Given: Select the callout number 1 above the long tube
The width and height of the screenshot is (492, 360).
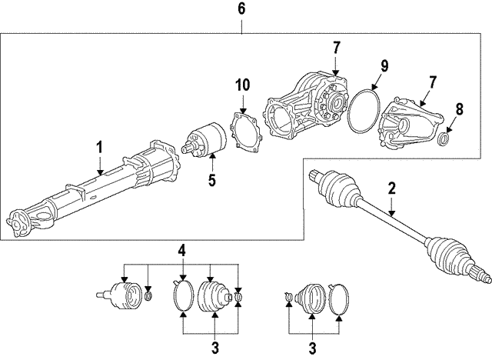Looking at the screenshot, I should pos(99,147).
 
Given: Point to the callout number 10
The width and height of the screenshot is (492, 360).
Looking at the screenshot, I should pos(242,85).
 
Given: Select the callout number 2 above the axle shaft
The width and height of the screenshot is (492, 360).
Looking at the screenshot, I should pos(391,188).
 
